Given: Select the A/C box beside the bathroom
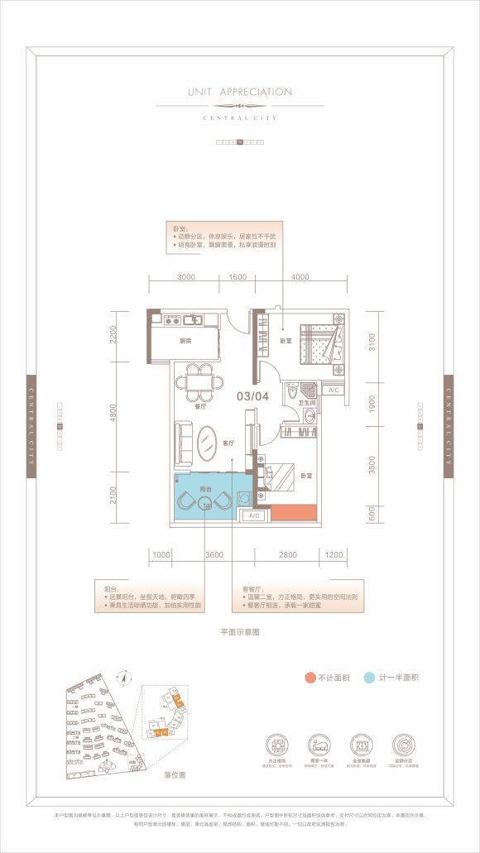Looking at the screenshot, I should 334,390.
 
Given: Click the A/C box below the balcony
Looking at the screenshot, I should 253,515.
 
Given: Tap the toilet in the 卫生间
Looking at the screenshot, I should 293,392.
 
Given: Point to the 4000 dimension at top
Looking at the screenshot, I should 300,279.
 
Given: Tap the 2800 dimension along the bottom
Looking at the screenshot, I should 286,555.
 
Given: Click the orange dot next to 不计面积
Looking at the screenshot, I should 307,677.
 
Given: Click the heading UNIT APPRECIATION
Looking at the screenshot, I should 240,92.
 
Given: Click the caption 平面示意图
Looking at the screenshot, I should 240,631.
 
